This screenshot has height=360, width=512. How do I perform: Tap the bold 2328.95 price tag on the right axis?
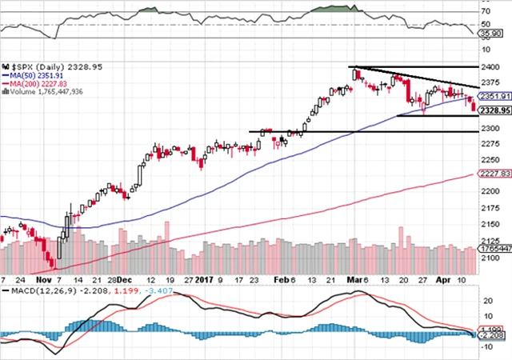click(494, 108)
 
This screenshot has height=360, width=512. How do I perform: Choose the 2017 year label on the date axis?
click(206, 281)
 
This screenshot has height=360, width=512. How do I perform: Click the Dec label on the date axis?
click(123, 281)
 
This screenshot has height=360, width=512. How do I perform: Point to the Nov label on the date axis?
click(43, 281)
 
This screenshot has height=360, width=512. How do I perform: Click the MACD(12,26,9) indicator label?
click(39, 294)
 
